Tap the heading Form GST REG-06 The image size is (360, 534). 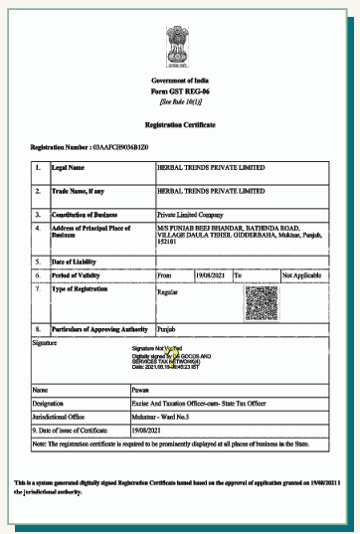pyautogui.click(x=181, y=91)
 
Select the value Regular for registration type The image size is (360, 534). pyautogui.click(x=168, y=292)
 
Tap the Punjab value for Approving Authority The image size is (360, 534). pyautogui.click(x=170, y=327)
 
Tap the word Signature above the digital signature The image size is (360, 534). pyautogui.click(x=45, y=341)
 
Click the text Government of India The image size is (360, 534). pyautogui.click(x=181, y=80)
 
